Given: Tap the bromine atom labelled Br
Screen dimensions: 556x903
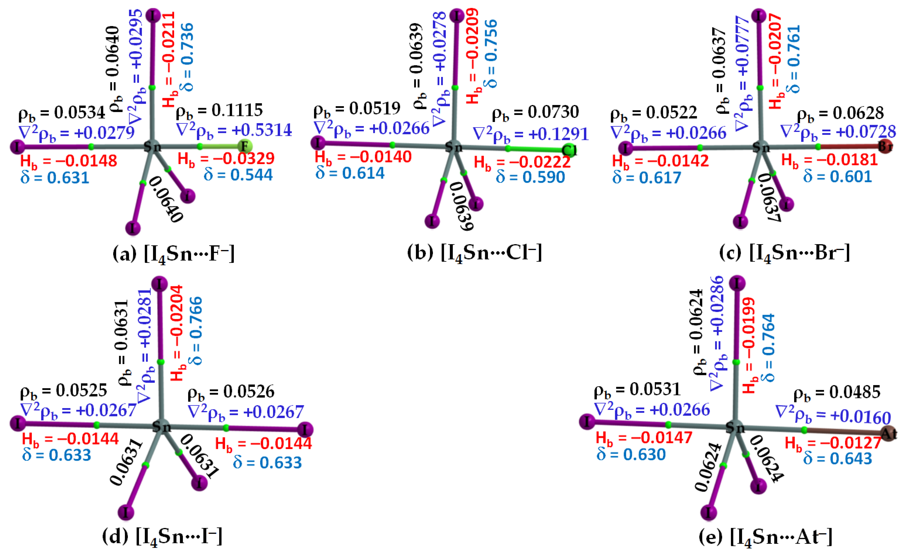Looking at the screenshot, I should click(885, 147).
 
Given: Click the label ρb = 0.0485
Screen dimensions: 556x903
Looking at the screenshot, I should click(837, 393).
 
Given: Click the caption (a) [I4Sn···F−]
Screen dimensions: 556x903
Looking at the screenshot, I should click(174, 254).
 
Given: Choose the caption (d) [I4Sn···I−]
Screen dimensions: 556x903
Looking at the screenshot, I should click(162, 537).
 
